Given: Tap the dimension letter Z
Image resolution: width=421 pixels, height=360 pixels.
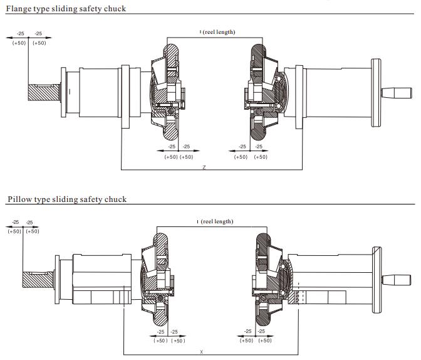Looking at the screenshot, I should click(204, 167).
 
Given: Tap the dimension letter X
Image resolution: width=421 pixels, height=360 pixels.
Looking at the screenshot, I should click(201, 352).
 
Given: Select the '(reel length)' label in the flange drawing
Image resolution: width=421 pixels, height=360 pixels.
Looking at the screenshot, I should click(219, 32).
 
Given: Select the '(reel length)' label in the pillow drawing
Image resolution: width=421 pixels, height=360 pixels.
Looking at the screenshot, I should click(217, 221).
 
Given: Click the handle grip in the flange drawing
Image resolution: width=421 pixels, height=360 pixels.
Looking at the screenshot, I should click(398, 93).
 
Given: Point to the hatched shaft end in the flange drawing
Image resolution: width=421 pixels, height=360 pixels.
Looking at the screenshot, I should click(44, 93).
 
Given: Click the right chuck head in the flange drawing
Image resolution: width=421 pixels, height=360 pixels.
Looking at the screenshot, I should click(258, 93).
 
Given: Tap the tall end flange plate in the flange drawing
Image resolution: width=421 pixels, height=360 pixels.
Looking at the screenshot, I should click(377, 93).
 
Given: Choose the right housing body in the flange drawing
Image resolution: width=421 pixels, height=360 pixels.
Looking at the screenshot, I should click(326, 93).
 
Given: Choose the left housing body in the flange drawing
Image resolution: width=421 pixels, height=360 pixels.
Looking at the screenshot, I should click(94, 92).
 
